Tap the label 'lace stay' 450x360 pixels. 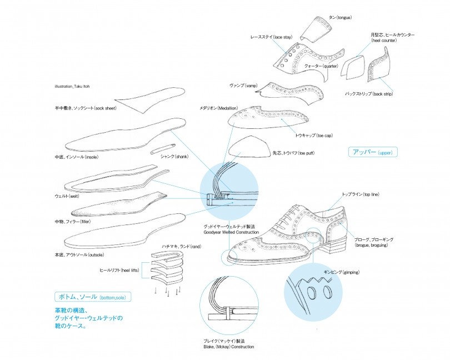click(271, 37)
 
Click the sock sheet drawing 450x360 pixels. click(153, 98)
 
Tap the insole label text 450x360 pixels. click(77, 157)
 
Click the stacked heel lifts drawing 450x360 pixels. click(166, 270)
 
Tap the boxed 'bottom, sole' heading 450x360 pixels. click(93, 297)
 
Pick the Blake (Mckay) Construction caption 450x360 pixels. click(229, 343)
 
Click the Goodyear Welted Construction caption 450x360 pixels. click(229, 230)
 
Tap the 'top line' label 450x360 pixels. click(359, 194)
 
